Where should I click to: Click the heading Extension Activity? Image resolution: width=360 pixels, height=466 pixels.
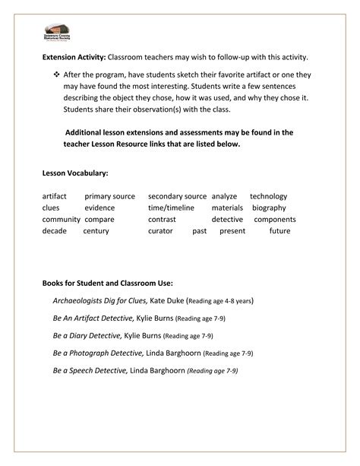coord(74,58)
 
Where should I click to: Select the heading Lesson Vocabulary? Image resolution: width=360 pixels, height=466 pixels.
coord(75,173)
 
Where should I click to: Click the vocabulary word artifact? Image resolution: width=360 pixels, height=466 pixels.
coord(55,196)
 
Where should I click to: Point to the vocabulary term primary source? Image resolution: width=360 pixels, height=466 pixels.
coord(109,196)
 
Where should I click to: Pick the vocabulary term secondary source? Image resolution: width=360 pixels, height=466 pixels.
coord(177,196)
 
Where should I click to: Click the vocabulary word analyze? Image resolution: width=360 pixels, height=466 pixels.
coord(225,196)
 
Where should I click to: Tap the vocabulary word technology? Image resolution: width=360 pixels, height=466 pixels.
coord(268,196)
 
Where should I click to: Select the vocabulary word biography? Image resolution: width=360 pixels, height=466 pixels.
coord(270,208)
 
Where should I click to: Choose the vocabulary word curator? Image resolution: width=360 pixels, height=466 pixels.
coord(160,230)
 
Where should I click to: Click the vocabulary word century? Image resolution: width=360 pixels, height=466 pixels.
coord(96,230)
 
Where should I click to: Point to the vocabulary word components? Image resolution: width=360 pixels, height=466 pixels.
coord(274,219)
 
